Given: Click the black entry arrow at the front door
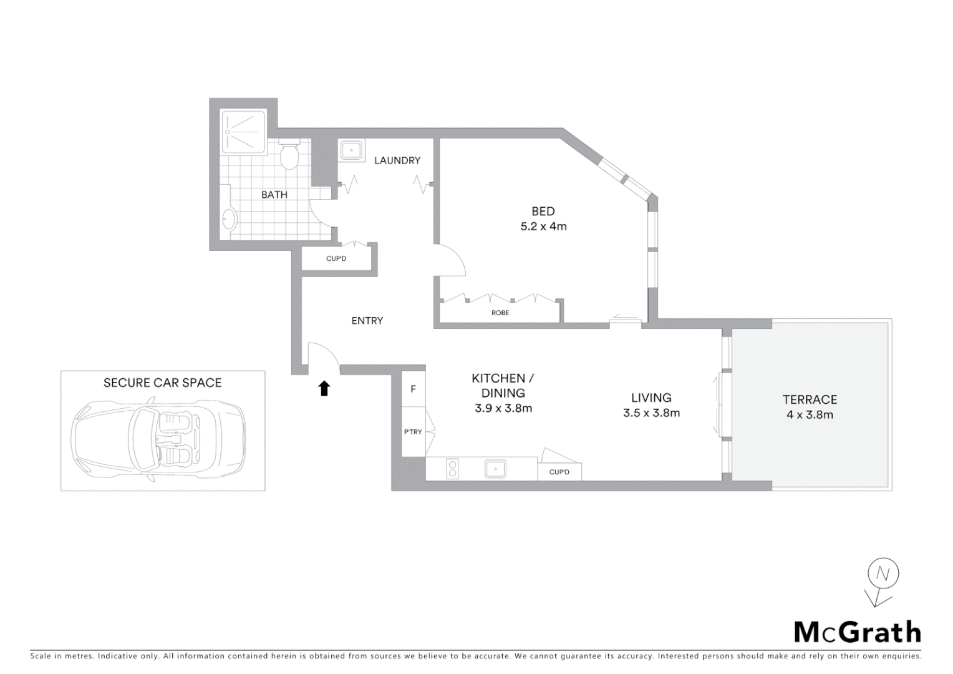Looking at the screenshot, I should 324,389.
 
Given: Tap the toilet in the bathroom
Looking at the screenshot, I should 289,156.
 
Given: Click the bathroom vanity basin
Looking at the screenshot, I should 229,219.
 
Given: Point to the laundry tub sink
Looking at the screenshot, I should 352,151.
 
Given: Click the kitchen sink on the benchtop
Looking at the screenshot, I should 496,469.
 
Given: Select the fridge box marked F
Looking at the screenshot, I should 413,389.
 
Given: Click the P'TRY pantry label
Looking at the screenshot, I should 413,432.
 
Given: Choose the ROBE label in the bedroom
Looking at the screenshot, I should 500,313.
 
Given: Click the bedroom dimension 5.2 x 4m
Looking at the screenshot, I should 543,227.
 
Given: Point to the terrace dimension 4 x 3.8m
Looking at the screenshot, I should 810,414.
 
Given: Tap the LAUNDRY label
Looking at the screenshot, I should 397,160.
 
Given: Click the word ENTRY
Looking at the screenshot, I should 367,321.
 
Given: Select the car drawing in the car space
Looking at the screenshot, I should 160,440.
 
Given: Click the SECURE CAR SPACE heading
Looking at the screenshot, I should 162,383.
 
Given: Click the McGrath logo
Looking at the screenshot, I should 857,632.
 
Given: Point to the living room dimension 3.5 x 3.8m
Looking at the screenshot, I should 651,413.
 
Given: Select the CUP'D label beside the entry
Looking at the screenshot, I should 336,258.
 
